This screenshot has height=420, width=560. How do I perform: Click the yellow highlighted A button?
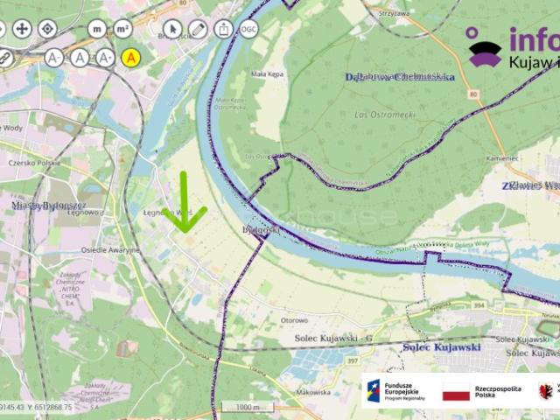pyautogui.click(x=131, y=58)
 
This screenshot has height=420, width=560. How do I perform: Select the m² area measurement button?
pyautogui.click(x=122, y=29)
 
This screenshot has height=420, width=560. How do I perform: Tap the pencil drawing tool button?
pyautogui.click(x=199, y=29)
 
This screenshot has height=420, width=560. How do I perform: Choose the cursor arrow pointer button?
pyautogui.click(x=172, y=29)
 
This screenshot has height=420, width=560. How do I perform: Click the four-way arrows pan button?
pyautogui.click(x=23, y=29)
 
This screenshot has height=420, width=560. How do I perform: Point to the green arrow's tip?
pyautogui.click(x=185, y=232)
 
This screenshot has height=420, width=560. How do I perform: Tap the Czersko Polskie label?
pyautogui.click(x=34, y=164)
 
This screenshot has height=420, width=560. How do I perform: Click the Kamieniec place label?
pyautogui.click(x=527, y=158)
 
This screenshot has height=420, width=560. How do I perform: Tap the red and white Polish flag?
pyautogui.click(x=456, y=391)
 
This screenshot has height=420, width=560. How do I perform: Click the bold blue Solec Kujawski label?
pyautogui.click(x=442, y=347)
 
